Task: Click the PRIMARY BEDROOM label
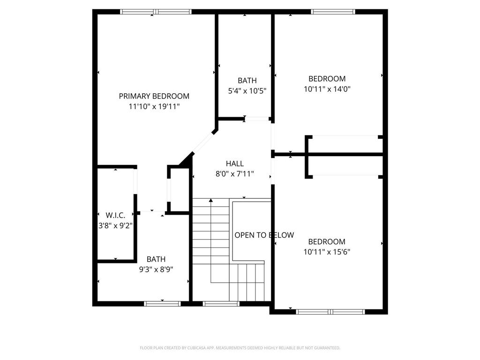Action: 154,96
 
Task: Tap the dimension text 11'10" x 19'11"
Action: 154,106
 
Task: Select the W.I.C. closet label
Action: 115,215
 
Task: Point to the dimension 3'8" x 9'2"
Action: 115,225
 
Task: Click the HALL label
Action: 234,164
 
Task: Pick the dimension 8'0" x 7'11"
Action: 234,174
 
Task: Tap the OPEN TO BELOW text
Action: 264,235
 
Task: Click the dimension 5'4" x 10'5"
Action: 247,91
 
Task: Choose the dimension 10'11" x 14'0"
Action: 327,89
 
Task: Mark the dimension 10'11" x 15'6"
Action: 327,252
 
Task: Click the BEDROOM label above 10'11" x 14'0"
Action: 327,79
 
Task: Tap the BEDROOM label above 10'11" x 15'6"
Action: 327,242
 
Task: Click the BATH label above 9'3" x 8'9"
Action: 156,259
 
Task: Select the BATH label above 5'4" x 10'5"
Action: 247,81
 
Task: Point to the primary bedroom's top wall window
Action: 156,12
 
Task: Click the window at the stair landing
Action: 221,304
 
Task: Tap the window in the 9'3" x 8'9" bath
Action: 162,304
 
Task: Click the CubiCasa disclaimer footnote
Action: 240,348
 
